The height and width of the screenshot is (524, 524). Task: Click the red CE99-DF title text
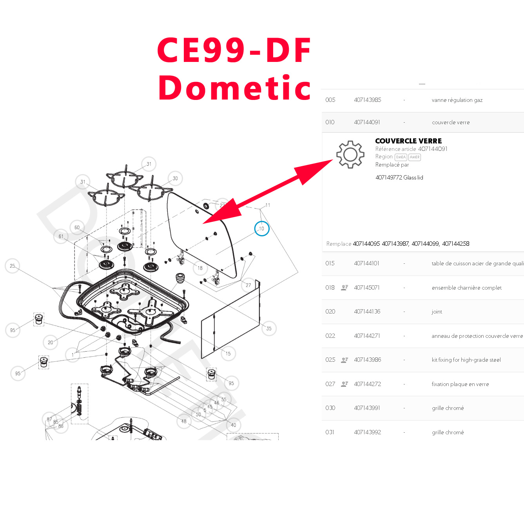pyautogui.click(x=234, y=50)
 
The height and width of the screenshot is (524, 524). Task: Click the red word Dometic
pyautogui.click(x=234, y=88)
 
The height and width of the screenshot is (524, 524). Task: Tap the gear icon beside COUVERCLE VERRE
pyautogui.click(x=350, y=154)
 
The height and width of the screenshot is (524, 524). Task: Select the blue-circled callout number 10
pyautogui.click(x=262, y=229)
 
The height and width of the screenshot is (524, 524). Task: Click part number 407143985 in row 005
pyautogui.click(x=367, y=100)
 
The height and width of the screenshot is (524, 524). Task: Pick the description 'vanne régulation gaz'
pyautogui.click(x=457, y=100)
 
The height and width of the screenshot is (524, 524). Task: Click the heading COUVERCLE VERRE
pyautogui.click(x=408, y=141)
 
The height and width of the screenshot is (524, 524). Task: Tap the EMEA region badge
pyautogui.click(x=401, y=157)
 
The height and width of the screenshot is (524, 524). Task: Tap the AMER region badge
pyautogui.click(x=415, y=157)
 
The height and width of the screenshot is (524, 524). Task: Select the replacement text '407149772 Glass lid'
pyautogui.click(x=399, y=178)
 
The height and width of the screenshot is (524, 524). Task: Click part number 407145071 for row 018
pyautogui.click(x=367, y=288)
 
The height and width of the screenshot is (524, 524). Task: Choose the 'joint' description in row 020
pyautogui.click(x=437, y=312)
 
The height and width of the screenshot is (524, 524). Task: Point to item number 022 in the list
pyautogui.click(x=330, y=336)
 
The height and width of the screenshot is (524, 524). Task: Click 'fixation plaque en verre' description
pyautogui.click(x=460, y=384)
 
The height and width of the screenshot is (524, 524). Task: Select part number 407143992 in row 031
pyautogui.click(x=367, y=432)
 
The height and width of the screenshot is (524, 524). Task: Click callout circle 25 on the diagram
pyautogui.click(x=13, y=266)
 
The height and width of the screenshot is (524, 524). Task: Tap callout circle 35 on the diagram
pyautogui.click(x=269, y=328)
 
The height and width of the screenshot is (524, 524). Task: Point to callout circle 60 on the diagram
pyautogui.click(x=77, y=228)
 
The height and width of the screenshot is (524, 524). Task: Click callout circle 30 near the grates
pyautogui.click(x=175, y=178)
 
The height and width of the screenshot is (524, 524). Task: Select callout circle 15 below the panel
pyautogui.click(x=228, y=354)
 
